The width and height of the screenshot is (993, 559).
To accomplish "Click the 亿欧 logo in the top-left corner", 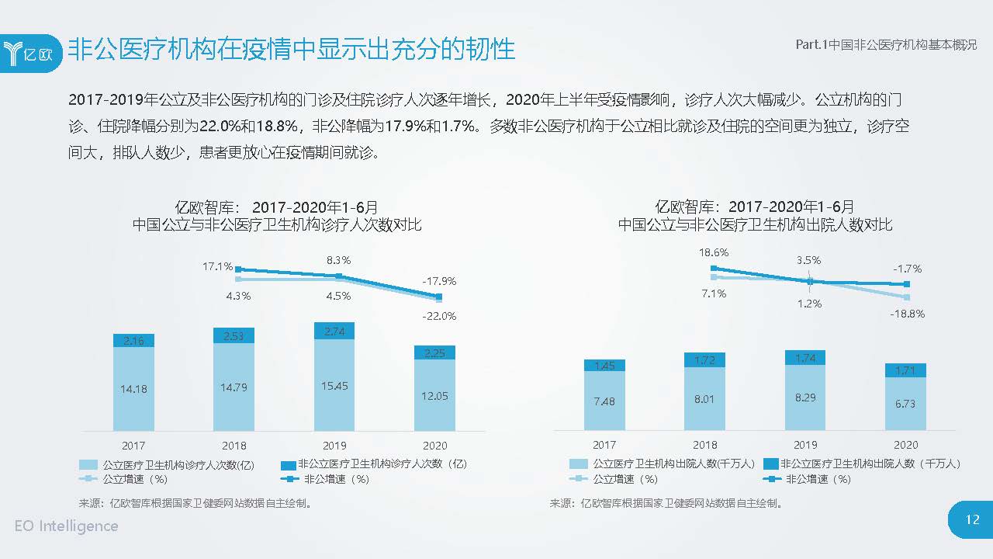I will pyautogui.click(x=31, y=53).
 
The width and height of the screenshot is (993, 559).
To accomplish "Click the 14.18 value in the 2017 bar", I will pyautogui.click(x=133, y=388).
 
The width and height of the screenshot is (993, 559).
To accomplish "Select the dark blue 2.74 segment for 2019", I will pyautogui.click(x=334, y=331).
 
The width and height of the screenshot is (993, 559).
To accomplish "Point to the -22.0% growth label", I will pyautogui.click(x=439, y=316).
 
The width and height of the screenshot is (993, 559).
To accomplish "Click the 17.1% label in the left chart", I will pyautogui.click(x=217, y=266).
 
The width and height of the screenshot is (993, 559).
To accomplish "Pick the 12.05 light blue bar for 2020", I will pyautogui.click(x=434, y=395).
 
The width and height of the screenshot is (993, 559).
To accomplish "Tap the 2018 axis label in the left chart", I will pyautogui.click(x=234, y=446).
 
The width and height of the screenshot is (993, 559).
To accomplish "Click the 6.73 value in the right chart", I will pyautogui.click(x=905, y=404).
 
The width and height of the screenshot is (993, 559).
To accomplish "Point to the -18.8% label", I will pyautogui.click(x=908, y=314).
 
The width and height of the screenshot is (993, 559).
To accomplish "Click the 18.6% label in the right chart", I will pyautogui.click(x=713, y=252).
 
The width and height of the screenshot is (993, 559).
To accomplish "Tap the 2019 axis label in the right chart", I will pyautogui.click(x=805, y=445).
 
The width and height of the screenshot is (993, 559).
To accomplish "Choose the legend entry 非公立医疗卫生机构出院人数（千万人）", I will pyautogui.click(x=861, y=464).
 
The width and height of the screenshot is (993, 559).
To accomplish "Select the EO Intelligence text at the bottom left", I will pyautogui.click(x=67, y=526).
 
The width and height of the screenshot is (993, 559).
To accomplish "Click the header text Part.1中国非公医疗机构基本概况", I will pyautogui.click(x=886, y=45).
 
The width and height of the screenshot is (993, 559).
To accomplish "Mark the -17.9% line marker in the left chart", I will pyautogui.click(x=439, y=297).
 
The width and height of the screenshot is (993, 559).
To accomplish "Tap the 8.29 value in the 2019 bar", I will pyautogui.click(x=805, y=397).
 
